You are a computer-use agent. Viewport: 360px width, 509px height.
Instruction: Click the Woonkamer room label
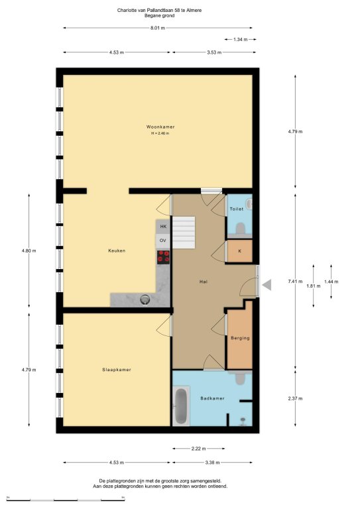click(160, 127)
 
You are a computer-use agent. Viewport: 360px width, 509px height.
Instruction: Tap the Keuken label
click(117, 251)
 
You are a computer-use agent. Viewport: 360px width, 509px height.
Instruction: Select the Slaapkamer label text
click(117, 370)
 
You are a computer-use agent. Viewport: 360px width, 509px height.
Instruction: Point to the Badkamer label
click(212, 398)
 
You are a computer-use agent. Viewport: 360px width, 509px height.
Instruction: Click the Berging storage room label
click(240, 338)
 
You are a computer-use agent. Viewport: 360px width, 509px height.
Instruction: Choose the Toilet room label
click(237, 209)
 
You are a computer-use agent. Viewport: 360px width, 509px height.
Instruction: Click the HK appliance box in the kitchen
click(163, 226)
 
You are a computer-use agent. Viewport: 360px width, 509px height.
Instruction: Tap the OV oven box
click(163, 241)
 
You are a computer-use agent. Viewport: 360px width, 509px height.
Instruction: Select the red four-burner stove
click(163, 257)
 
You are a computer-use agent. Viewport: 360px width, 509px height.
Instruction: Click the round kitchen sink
click(145, 300)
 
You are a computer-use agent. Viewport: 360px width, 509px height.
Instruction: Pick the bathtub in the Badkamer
click(181, 406)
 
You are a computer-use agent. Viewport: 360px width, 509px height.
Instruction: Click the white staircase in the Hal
click(184, 233)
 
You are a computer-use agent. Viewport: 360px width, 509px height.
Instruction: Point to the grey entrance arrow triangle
click(267, 285)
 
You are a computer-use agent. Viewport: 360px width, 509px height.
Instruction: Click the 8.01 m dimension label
click(158, 28)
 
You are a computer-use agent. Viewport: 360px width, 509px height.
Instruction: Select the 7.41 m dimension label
click(295, 282)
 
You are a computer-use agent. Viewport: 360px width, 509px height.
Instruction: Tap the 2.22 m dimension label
click(198, 449)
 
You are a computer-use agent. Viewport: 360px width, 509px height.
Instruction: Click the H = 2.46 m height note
click(160, 133)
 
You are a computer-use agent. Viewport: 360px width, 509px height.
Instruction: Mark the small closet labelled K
click(239, 251)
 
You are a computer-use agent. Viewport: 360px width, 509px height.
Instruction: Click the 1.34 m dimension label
click(241, 40)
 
